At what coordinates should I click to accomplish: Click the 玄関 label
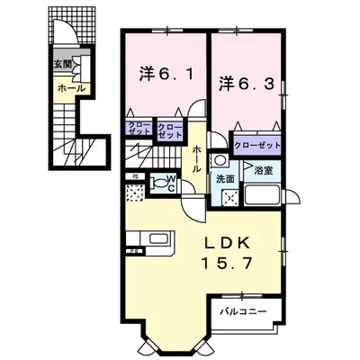(x=61, y=64)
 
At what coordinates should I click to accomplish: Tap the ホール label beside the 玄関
(x=71, y=89)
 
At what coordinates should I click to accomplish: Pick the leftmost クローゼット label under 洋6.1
(x=139, y=130)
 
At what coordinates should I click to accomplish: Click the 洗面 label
(x=224, y=178)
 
